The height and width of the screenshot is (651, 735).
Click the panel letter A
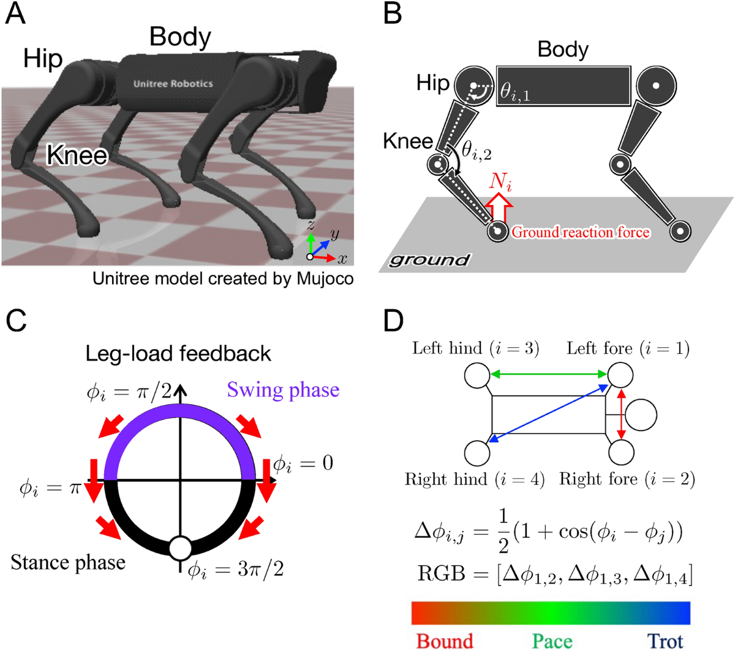[15, 13]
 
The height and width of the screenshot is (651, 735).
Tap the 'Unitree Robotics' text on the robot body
[173, 83]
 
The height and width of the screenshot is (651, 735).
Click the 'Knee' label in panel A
[77, 155]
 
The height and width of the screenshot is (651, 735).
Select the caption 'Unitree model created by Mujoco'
[223, 279]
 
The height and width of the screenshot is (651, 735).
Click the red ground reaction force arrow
[500, 208]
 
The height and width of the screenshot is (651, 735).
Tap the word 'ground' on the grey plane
[429, 260]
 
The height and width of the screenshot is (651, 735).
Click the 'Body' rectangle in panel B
[563, 86]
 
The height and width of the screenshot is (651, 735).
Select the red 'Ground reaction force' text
[580, 232]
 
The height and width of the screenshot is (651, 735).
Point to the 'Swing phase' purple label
[283, 390]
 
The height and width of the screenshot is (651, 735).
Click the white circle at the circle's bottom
[180, 548]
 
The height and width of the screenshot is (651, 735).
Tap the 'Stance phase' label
[68, 562]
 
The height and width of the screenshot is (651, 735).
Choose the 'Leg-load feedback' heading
[178, 353]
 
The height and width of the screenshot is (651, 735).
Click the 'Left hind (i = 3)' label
[475, 348]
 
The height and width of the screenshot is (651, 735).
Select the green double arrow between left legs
[548, 374]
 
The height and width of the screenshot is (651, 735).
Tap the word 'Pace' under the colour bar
[552, 641]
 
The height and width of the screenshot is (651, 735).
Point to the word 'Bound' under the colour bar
[445, 641]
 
